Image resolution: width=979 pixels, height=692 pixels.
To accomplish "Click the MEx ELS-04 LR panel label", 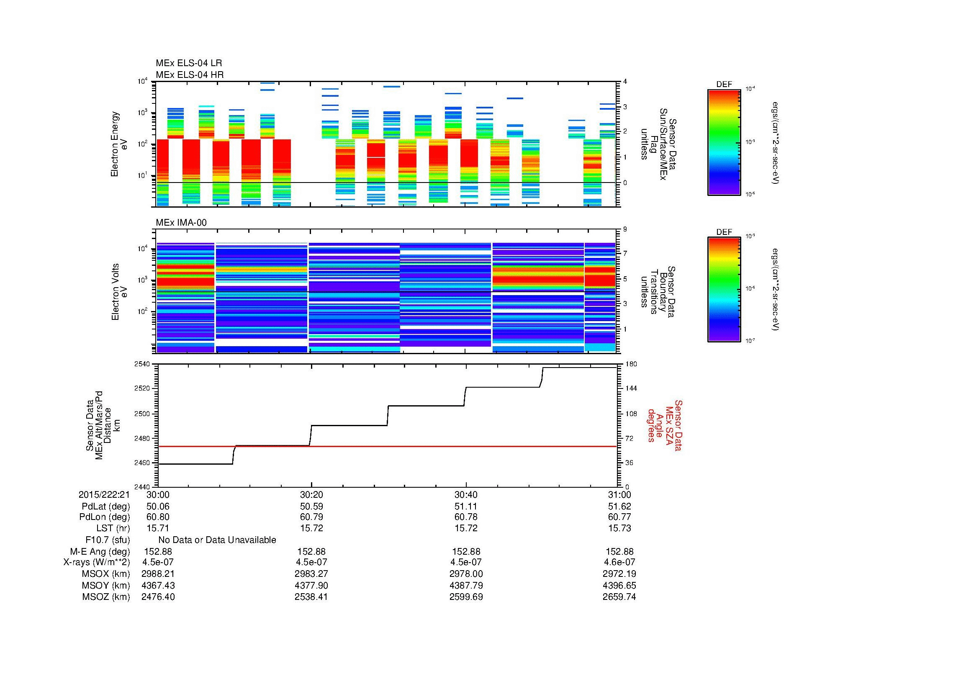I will click(x=189, y=63).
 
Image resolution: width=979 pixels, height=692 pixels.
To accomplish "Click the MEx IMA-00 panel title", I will click(x=181, y=223).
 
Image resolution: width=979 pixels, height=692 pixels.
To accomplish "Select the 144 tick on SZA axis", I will click(x=631, y=388).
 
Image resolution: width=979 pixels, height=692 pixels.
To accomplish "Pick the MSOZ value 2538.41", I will click(x=311, y=597).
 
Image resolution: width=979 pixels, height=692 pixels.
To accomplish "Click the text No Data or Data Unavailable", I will click(x=217, y=540).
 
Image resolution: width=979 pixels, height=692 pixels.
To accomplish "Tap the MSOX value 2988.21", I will click(x=158, y=574).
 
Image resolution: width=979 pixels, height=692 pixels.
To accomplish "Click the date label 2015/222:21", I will click(x=104, y=494).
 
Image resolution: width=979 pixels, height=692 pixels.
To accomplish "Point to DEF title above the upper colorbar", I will click(x=724, y=85).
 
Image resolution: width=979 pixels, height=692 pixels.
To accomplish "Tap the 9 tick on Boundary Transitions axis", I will click(x=625, y=229).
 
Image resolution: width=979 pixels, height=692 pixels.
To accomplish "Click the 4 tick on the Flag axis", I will click(x=625, y=82).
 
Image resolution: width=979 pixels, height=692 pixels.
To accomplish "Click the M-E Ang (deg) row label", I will click(x=100, y=552).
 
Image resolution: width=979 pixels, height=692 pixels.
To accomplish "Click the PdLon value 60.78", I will click(x=465, y=517).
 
